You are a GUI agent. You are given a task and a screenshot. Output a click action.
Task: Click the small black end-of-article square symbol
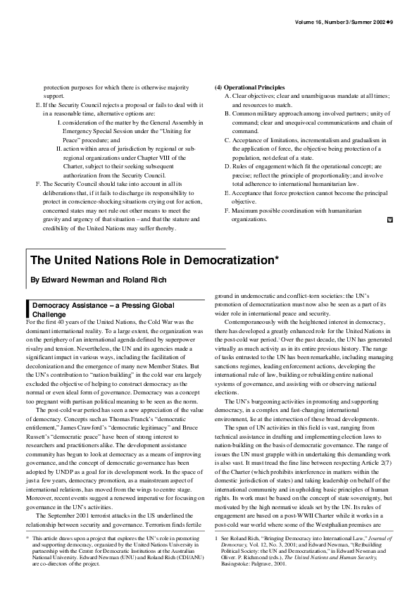[x=390, y=220]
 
